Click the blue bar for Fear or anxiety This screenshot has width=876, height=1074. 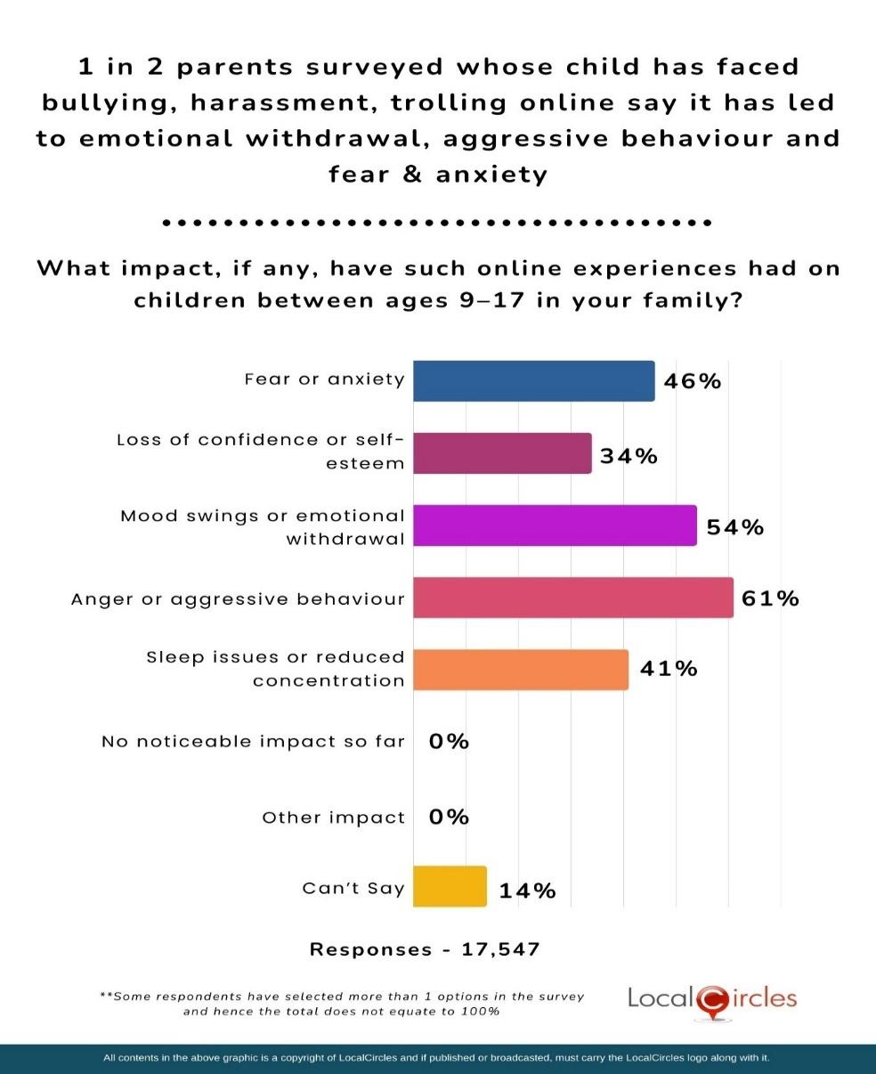pos(534,381)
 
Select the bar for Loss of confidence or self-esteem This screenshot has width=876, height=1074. pos(502,453)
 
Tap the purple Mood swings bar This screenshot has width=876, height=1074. pos(555,525)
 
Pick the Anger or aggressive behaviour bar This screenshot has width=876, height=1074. pos(573,598)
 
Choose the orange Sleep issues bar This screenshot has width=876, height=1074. pos(521,670)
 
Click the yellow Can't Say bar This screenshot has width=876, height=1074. pos(450,886)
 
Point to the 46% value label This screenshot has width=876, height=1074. pos(691,382)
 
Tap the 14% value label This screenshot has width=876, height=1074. pos(527,891)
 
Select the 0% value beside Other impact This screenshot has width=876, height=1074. pos(449,818)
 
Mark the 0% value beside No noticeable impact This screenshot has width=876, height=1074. pos(449,741)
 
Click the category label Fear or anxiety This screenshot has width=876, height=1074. pos(324,379)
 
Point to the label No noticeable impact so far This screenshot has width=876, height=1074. pos(253,741)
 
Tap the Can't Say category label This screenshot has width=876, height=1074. pos(353,888)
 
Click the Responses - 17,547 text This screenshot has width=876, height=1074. pos(425,949)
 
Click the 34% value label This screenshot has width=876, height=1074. pos(629,456)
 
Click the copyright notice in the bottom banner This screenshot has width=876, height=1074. pos(436,1058)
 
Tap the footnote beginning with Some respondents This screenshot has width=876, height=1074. pos(342,1004)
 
